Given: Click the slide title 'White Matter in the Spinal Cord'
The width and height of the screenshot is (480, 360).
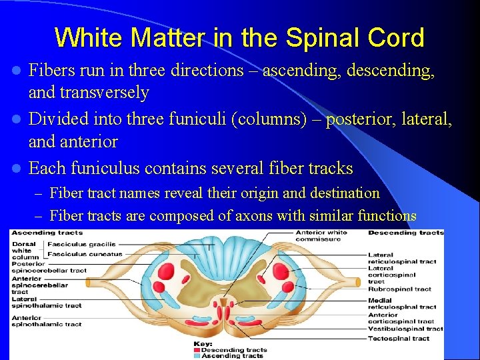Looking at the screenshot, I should point(239,37).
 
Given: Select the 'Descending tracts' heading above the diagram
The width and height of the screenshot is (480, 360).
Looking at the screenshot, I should point(405,233).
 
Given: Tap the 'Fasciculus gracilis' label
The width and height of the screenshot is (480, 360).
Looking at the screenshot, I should point(81,244).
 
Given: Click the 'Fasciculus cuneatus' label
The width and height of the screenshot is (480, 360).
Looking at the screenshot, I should point(84,253).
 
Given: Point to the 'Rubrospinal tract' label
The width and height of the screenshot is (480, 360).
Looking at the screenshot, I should point(399,289).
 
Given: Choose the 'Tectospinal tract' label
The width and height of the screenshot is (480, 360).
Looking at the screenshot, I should point(399,338).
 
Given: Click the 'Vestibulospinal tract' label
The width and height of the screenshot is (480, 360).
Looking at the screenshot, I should point(405,329).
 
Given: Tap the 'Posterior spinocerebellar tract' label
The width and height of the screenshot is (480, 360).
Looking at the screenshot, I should point(48,267).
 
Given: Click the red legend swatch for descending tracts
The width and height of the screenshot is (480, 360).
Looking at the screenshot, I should point(197,350).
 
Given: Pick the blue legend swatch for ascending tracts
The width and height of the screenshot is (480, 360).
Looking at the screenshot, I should point(197,356).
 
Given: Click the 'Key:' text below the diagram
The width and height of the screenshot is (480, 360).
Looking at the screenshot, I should point(203,344).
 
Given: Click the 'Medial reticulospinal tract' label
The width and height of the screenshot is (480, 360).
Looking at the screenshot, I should point(402,303).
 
